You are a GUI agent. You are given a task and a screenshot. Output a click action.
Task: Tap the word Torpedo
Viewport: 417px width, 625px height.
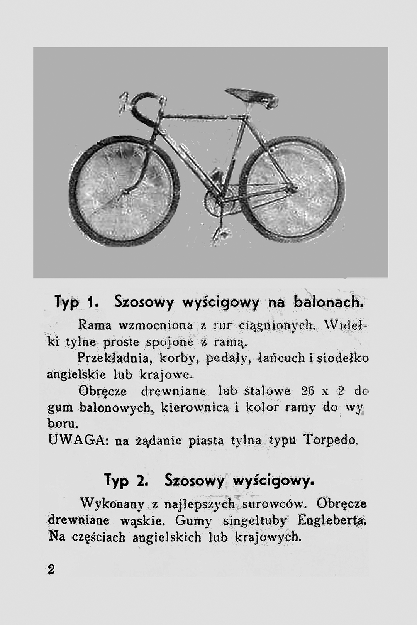point(331,439)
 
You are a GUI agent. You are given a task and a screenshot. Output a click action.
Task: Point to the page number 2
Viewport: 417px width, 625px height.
point(51,569)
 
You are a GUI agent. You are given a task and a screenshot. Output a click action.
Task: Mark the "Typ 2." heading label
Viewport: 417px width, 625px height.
point(124,481)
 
